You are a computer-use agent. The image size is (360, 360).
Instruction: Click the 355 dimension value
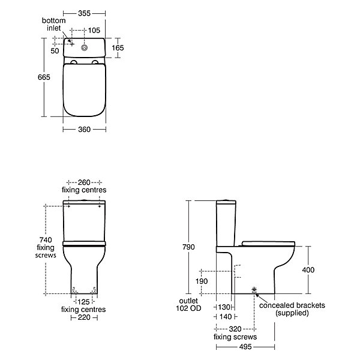pos(84,13)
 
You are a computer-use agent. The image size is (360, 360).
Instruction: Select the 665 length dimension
pos(44,77)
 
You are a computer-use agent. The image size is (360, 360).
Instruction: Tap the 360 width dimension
pos(84,130)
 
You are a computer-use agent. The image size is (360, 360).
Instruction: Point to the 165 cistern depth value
pos(118,48)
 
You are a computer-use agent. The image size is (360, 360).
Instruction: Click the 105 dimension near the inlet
pos(94,31)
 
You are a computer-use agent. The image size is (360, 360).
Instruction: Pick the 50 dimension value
pos(55,51)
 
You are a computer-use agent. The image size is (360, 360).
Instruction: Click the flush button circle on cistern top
pos(85,47)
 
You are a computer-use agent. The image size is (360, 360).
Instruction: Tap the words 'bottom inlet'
pos(54,25)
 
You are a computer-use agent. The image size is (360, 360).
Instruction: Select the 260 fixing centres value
pos(84,182)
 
